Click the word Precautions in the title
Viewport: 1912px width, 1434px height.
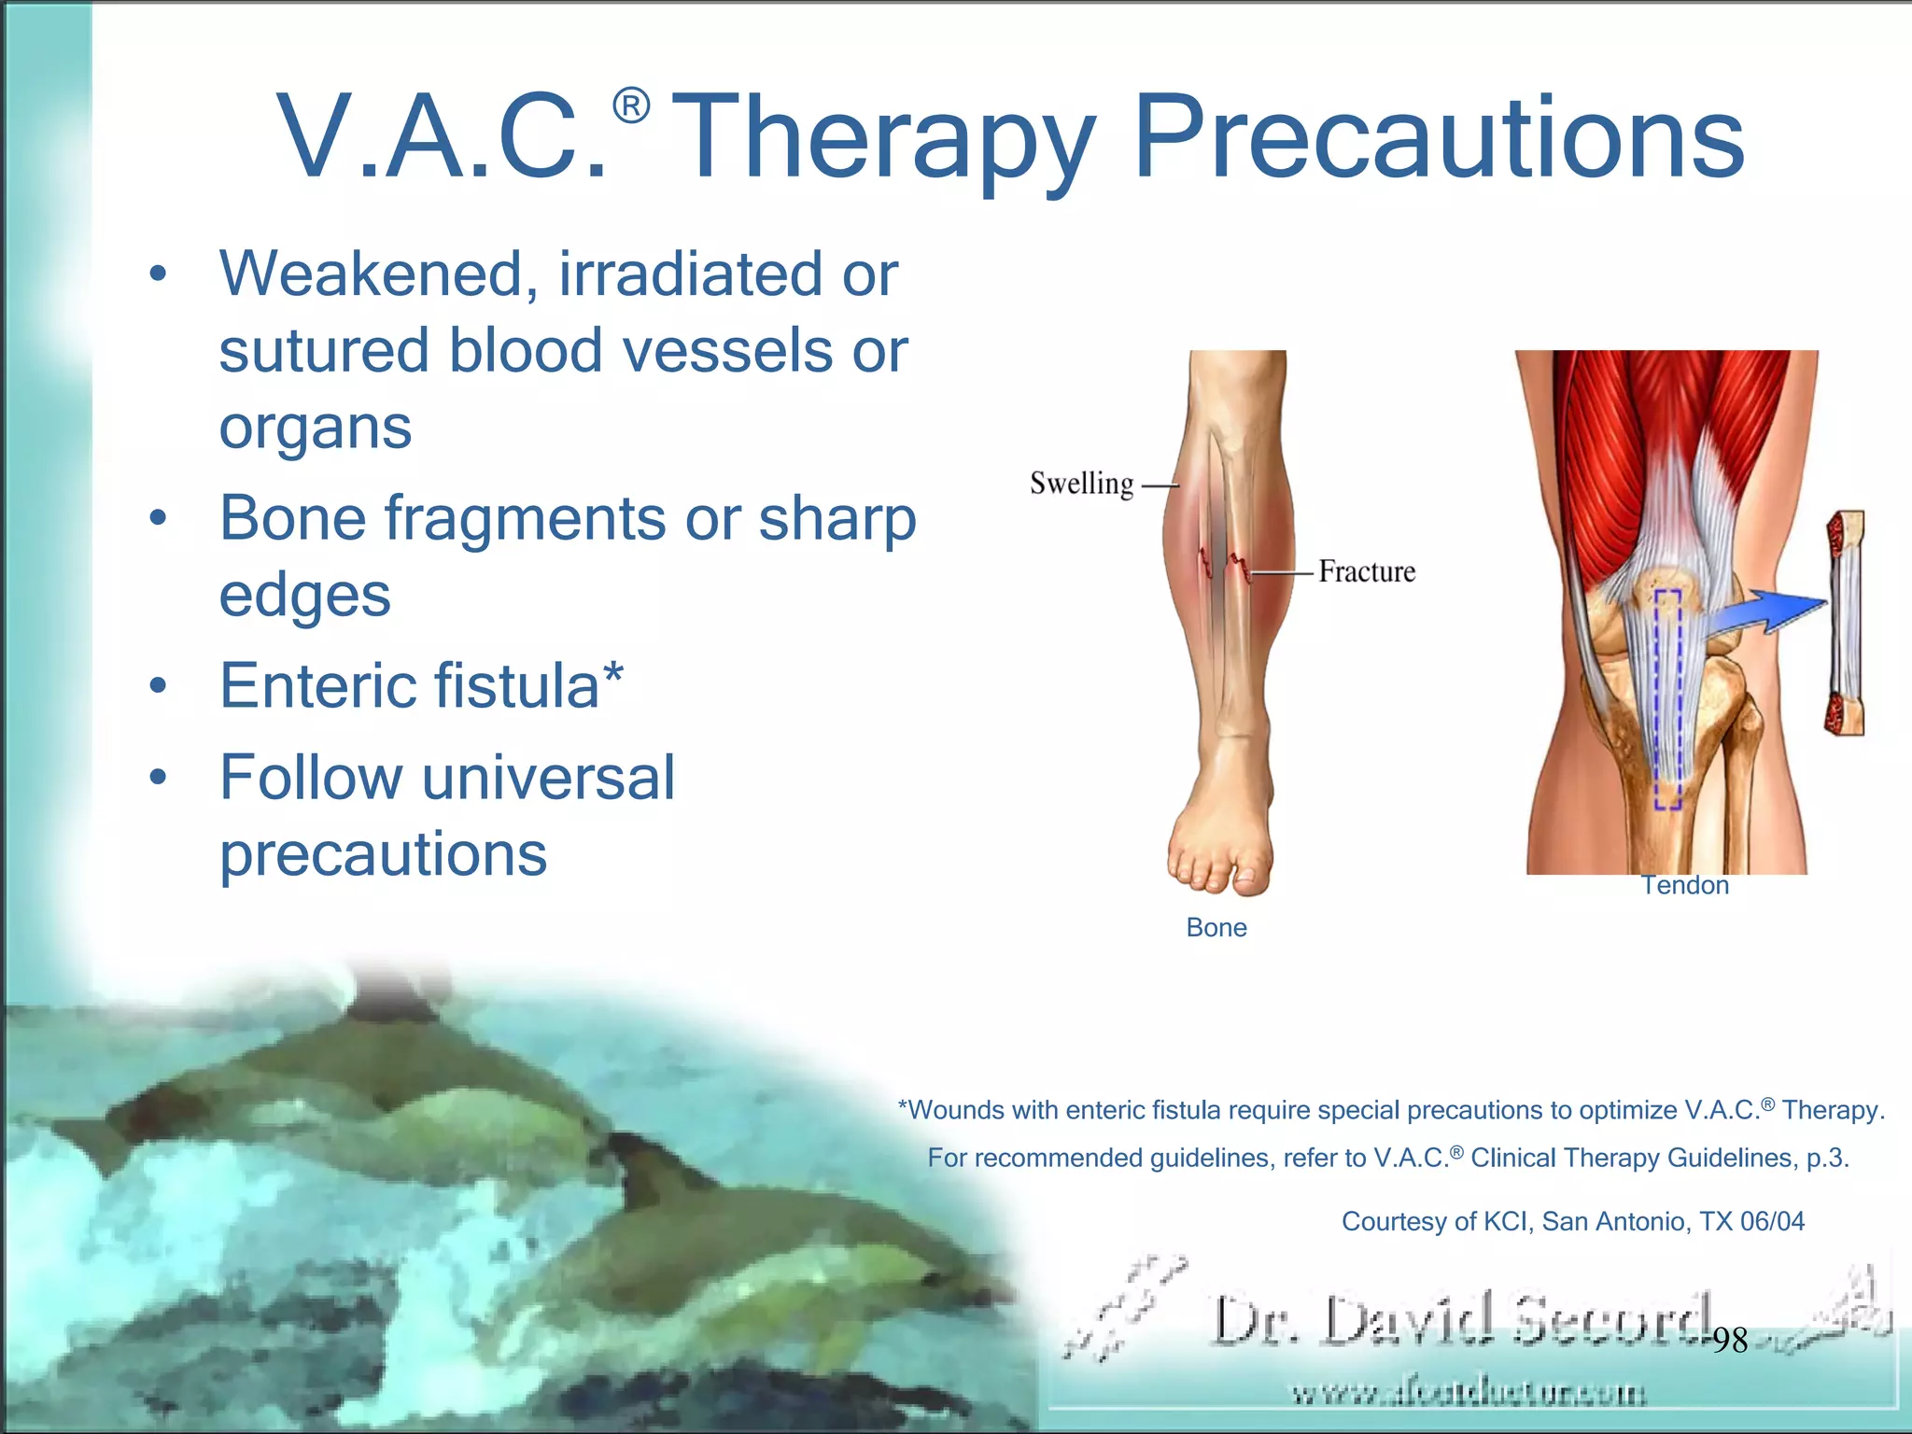[x=1438, y=138]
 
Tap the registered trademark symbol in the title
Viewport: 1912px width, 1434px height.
[x=631, y=106]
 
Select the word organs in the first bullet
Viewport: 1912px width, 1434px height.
[x=315, y=428]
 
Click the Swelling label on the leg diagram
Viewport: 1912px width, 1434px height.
[x=1081, y=484]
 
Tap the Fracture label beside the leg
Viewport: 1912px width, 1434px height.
[x=1367, y=571]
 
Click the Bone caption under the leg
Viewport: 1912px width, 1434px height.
[x=1216, y=927]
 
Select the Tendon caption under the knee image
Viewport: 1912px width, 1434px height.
[x=1684, y=885]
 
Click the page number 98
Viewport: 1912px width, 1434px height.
[x=1729, y=1341]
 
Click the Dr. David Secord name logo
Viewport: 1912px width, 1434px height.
[x=1461, y=1320]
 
